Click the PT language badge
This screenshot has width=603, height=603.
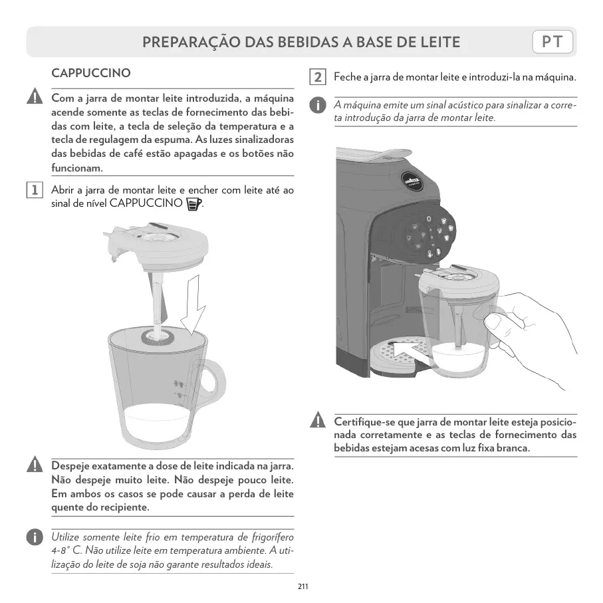coord(552,41)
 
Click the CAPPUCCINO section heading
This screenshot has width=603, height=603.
coord(91,72)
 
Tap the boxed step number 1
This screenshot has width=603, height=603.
coord(35,190)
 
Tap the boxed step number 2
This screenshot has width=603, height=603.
coord(318,77)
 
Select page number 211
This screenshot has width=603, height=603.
coord(302,586)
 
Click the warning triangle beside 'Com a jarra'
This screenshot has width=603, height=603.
coord(35,96)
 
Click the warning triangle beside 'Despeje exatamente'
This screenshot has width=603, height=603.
coord(35,464)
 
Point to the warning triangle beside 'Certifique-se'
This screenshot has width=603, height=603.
coord(318,420)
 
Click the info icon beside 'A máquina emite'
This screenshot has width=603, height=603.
coord(318,105)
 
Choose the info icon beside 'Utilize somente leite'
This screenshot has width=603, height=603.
coord(35,537)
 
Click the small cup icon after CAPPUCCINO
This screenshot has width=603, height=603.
coord(193,204)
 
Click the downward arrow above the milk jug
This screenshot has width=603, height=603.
coord(194,304)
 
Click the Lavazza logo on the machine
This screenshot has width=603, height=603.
coord(412,181)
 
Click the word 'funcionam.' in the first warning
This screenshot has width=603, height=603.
coord(77,168)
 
